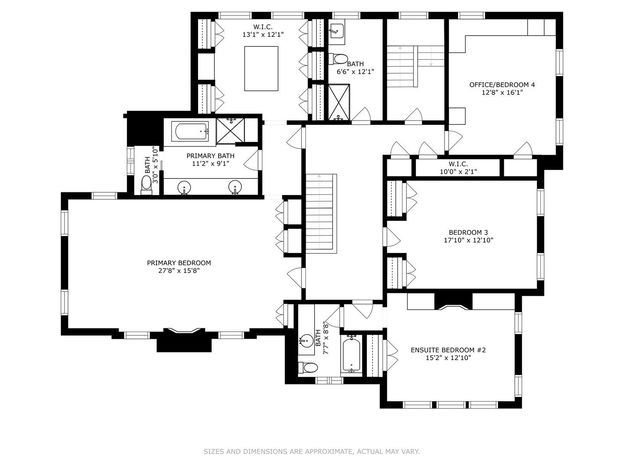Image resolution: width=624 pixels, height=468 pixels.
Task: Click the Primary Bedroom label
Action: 179,263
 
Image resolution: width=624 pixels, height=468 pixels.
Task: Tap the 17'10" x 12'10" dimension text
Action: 468,240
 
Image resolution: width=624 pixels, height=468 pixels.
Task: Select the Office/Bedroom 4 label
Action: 502,84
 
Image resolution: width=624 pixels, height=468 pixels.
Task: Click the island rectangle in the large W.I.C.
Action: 261,68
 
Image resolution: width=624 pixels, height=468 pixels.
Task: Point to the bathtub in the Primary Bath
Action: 190,131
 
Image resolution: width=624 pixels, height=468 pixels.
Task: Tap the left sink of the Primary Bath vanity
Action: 184,188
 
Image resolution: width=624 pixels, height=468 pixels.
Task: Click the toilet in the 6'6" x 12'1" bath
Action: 338,59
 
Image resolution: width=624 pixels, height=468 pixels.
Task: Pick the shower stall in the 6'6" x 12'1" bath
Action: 339,102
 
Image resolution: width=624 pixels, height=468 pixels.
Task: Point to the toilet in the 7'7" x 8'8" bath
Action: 308,368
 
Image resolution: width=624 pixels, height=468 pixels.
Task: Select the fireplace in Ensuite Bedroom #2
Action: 453,302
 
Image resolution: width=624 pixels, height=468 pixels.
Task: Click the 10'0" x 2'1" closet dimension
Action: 458,172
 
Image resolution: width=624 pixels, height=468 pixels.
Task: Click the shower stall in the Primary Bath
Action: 230,131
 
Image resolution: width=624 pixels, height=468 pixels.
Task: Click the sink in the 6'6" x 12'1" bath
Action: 337,31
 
